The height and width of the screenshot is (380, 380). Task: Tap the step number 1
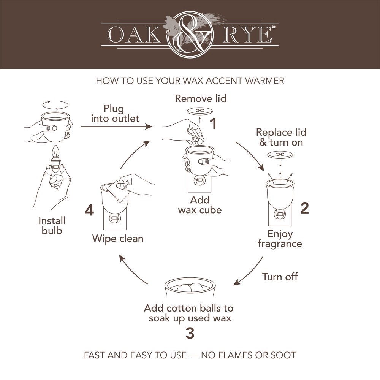click(x=213, y=124)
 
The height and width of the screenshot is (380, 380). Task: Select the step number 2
click(x=304, y=209)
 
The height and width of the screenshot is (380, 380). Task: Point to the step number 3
click(x=190, y=333)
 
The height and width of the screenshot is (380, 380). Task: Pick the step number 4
click(x=89, y=210)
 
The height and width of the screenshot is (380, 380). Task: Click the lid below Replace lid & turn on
click(x=280, y=154)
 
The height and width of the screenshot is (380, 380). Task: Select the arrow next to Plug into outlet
click(x=116, y=127)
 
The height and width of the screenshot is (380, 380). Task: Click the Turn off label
click(x=280, y=277)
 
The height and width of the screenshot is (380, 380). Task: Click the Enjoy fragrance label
click(x=280, y=238)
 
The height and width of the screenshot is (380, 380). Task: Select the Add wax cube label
click(x=199, y=204)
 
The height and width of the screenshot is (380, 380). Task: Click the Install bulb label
click(x=52, y=225)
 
